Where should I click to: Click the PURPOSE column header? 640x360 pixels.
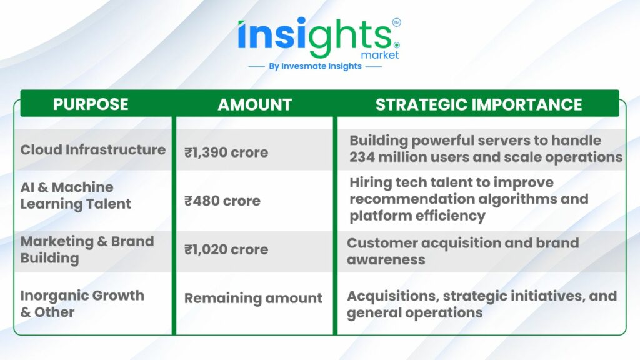tap(91, 104)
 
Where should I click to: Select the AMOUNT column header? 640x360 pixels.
tap(255, 104)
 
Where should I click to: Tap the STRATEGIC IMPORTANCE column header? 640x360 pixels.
tap(479, 104)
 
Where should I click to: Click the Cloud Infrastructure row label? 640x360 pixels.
tap(93, 150)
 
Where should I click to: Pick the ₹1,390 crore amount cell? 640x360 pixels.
tap(226, 152)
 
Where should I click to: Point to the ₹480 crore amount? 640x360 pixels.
tap(222, 201)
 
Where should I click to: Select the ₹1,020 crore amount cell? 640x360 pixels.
tap(226, 249)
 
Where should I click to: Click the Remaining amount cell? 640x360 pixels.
tap(253, 298)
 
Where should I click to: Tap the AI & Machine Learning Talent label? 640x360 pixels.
tap(76, 196)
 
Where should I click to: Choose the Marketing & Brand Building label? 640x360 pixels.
tap(87, 250)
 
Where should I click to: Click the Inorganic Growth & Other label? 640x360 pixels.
tap(82, 304)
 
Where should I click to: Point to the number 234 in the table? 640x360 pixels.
tap(362, 157)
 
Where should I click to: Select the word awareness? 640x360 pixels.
tap(386, 259)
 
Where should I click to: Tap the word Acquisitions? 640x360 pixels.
tap(393, 296)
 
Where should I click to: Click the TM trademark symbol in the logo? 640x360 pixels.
tap(396, 22)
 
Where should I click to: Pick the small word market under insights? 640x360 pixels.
tap(380, 55)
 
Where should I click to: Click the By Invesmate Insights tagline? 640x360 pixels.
tap(315, 66)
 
